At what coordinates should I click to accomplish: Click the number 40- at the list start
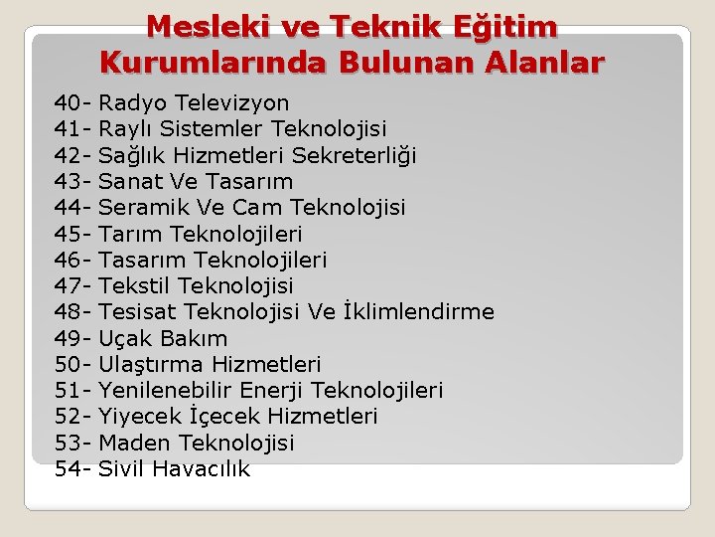73,103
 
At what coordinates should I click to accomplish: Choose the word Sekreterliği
355,155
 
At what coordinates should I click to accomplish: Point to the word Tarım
131,235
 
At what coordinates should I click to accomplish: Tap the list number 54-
73,469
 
